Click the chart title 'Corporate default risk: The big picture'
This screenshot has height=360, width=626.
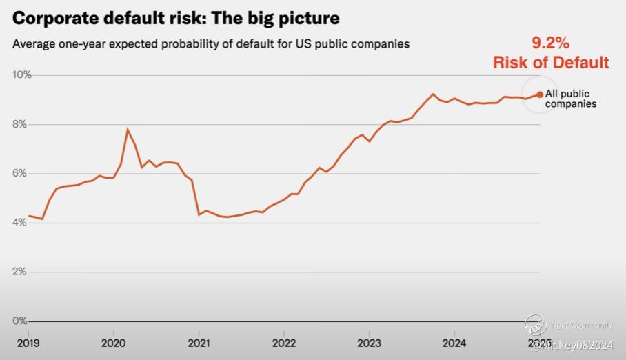coord(176,17)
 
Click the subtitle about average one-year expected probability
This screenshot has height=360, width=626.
coord(211,44)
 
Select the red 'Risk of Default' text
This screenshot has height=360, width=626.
coord(551,62)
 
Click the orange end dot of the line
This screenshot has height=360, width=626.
coord(540,94)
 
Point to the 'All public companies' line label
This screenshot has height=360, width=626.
coord(570,99)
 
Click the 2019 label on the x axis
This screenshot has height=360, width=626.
coord(28,342)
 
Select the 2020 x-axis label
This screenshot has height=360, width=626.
coord(113,342)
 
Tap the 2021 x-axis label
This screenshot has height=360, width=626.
coord(199,342)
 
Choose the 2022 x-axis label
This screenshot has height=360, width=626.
coord(283,342)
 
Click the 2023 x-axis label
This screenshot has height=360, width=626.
coord(369,342)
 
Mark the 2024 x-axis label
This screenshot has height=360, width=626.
coord(454,342)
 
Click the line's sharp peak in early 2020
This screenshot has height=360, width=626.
coord(128,129)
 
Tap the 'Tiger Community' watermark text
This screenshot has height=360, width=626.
coord(582,326)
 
